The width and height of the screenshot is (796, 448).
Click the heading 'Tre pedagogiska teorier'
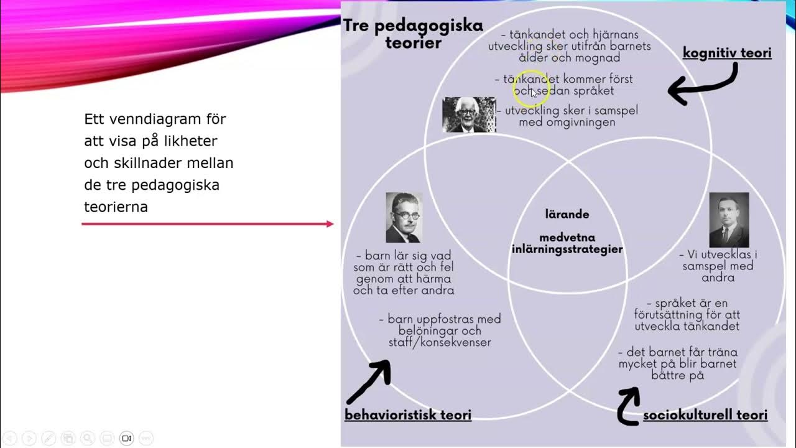413,34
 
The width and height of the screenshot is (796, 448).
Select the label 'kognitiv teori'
727,53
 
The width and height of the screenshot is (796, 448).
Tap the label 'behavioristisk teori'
408,415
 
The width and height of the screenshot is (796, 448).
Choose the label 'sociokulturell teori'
705,415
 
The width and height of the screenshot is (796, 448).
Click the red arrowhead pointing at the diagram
330,224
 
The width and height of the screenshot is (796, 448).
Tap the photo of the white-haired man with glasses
469,114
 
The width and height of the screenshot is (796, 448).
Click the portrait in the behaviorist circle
404,217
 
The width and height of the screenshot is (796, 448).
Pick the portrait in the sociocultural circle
729,220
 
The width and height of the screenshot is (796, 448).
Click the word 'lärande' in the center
567,214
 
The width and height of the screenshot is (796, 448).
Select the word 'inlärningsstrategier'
567,250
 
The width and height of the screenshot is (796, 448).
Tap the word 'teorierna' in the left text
116,207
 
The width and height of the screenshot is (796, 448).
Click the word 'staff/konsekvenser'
440,342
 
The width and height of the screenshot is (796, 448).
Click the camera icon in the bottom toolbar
126,438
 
